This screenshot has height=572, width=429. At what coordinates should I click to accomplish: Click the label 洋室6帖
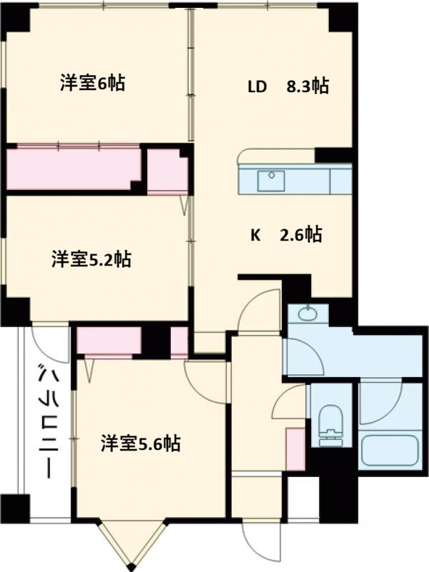92,84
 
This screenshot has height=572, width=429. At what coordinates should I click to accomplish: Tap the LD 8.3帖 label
287,87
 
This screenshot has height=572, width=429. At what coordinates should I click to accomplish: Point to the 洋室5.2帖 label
91,259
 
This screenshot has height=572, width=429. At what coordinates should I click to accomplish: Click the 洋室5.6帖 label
139,444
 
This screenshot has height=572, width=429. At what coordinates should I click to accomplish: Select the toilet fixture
330,425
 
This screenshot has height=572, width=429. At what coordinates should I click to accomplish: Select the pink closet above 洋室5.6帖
109,341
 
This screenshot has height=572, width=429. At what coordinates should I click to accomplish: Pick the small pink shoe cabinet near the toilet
295,448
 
